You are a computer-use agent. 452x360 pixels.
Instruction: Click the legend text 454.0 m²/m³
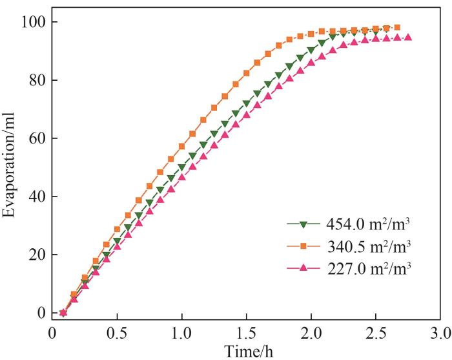point(373,224)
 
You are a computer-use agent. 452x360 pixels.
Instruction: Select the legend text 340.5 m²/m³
point(373,246)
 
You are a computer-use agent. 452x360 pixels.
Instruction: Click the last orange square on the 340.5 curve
point(397,28)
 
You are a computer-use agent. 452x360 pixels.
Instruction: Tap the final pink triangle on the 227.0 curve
point(408,37)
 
